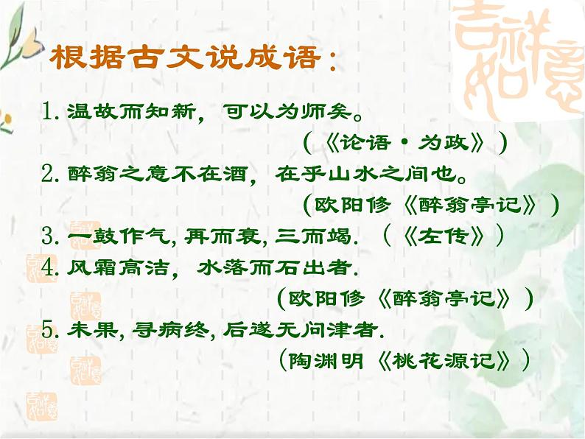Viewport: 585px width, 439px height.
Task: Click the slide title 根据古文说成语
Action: tap(190, 58)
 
